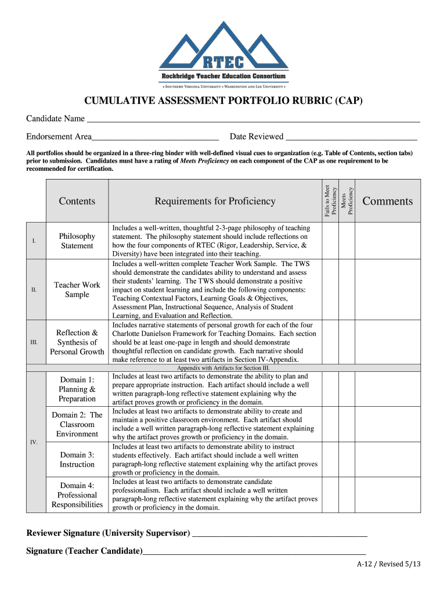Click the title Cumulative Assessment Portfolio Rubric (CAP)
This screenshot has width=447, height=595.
click(223, 101)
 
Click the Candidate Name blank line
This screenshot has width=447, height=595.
click(253, 120)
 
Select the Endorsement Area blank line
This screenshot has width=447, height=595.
click(155, 138)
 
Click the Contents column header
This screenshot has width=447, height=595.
click(77, 201)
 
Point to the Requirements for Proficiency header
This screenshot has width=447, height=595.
click(215, 201)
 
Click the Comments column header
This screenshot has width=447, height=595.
click(387, 201)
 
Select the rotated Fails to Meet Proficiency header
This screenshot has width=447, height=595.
click(330, 201)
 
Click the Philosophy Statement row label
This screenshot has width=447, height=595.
click(77, 241)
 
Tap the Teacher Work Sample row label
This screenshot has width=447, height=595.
click(77, 289)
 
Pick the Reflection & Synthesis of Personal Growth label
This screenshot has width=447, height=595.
click(77, 342)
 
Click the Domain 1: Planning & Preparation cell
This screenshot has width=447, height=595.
click(77, 389)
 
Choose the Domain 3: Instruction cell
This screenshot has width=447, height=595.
click(77, 460)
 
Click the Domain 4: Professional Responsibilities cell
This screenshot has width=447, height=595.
click(77, 495)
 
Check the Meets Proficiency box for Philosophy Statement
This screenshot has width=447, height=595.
click(347, 241)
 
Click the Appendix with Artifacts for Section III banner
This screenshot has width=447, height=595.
click(223, 368)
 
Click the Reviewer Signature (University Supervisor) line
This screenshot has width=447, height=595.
click(279, 534)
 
